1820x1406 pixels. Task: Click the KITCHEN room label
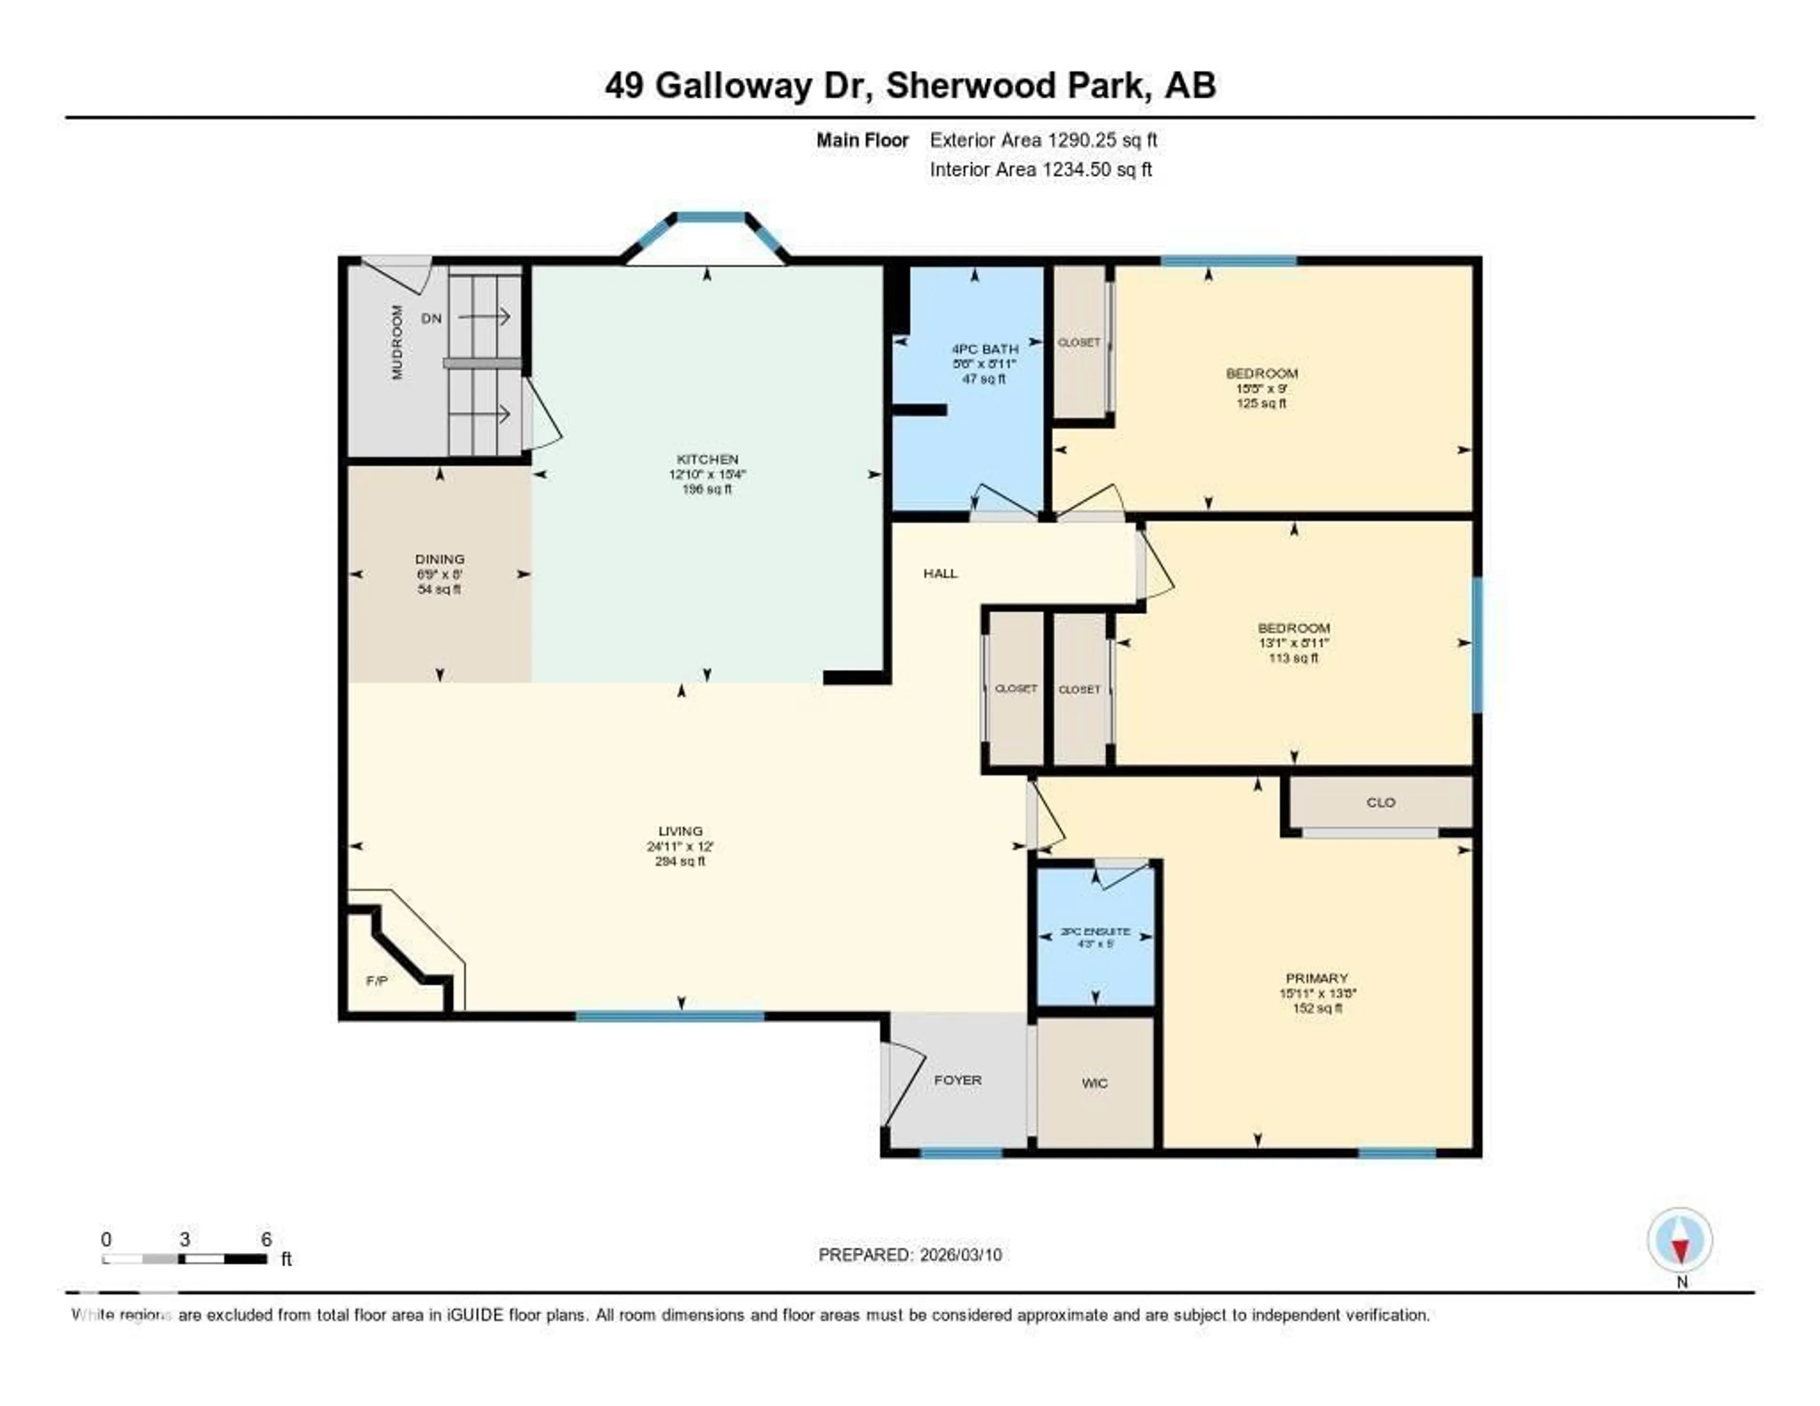coord(707,459)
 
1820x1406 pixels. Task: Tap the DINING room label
coord(439,559)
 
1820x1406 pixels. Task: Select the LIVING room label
coord(680,831)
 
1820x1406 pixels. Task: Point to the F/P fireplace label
coord(377,981)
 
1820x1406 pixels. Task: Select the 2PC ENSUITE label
coord(1095,932)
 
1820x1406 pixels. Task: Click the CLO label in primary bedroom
coord(1380,803)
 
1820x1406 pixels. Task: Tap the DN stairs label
coord(431,319)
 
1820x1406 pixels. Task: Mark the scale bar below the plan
coord(184,1259)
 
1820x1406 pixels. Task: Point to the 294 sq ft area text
coord(680,862)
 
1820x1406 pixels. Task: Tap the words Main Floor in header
coord(862,141)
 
